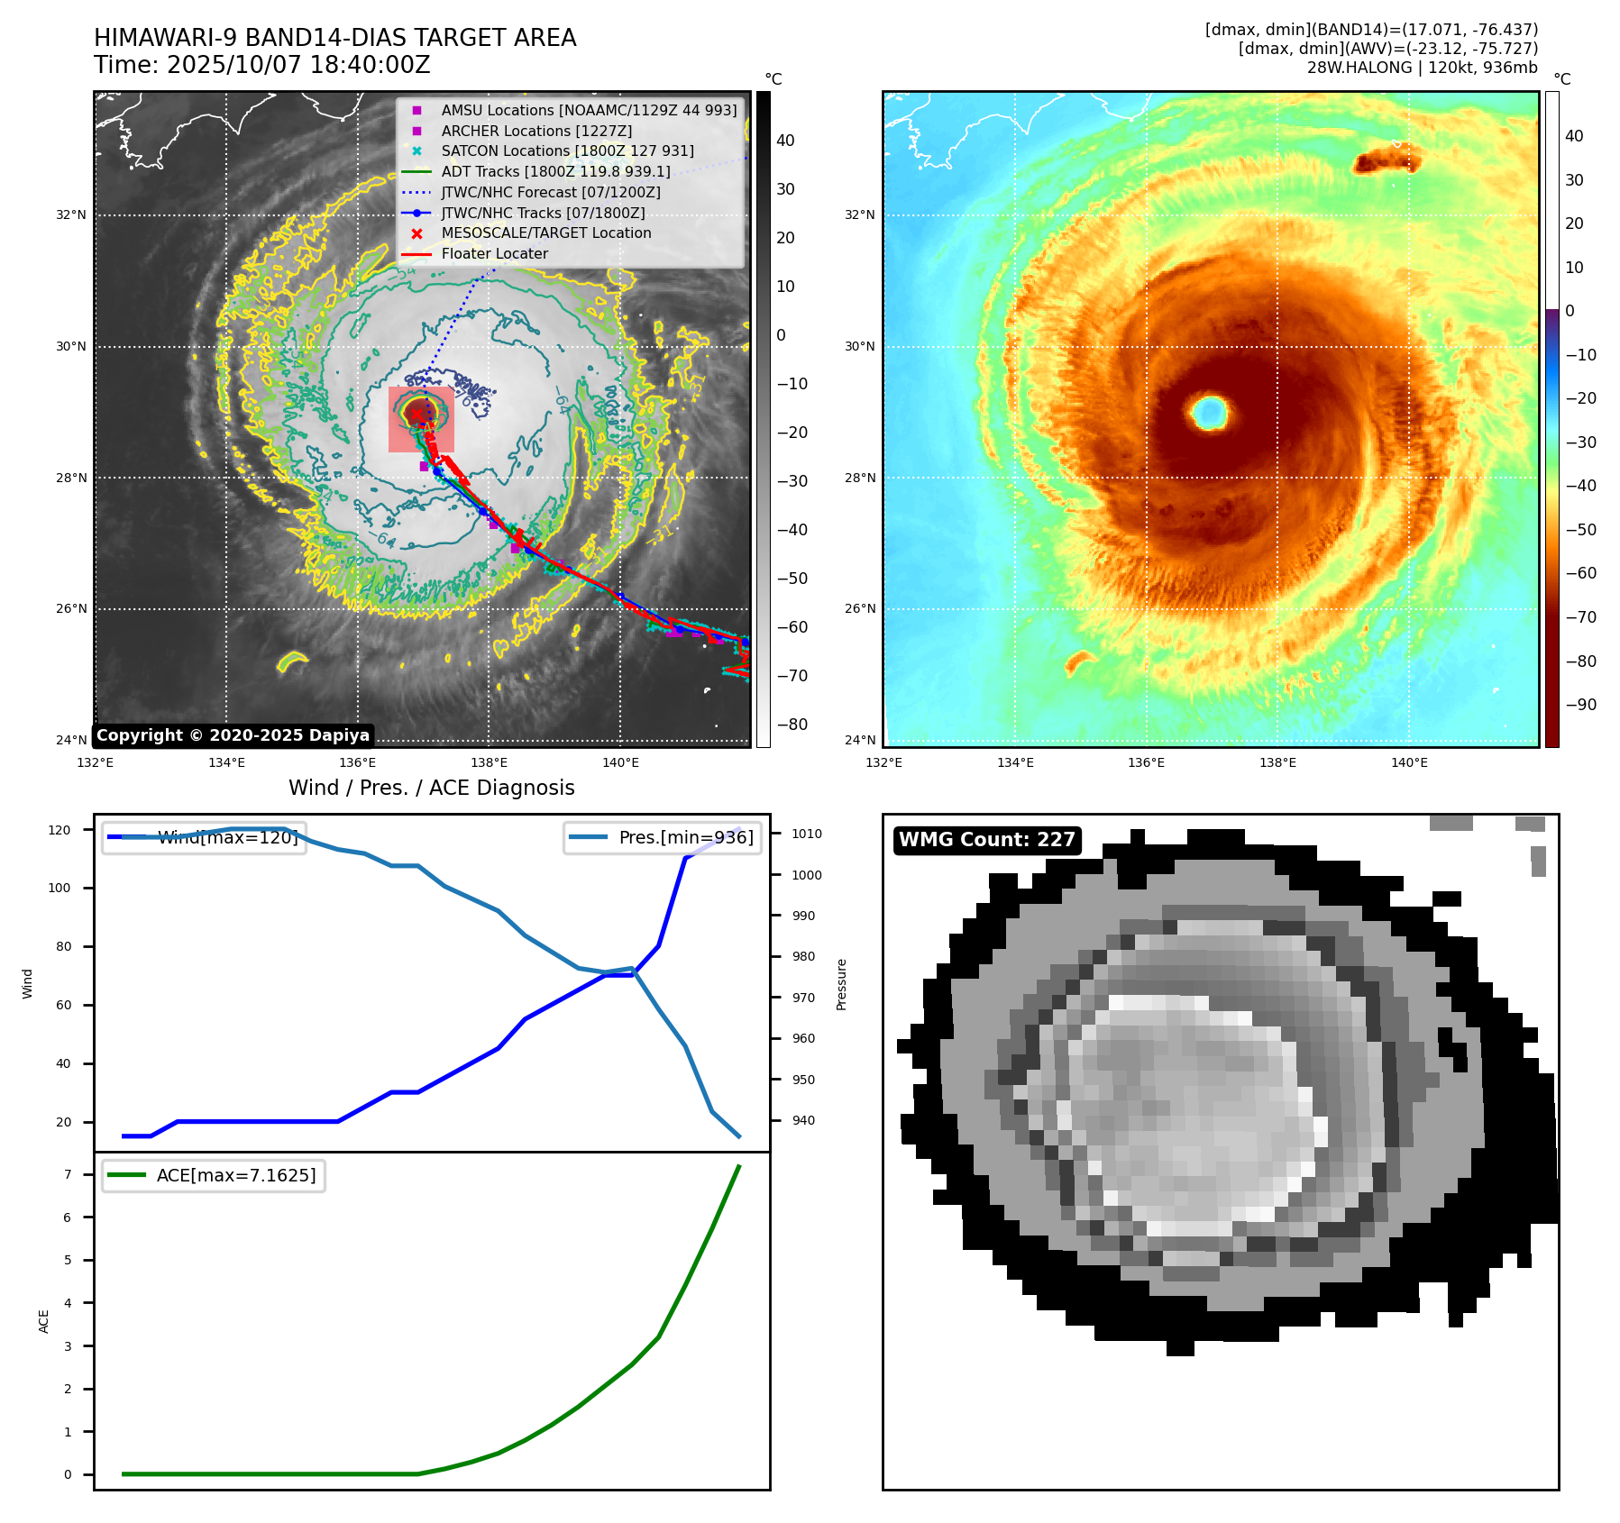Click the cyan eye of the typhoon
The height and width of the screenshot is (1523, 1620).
tap(1209, 412)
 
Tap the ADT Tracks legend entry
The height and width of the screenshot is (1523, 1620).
tap(555, 171)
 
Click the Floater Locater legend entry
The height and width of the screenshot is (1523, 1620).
tap(494, 254)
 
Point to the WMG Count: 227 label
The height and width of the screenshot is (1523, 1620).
tap(986, 840)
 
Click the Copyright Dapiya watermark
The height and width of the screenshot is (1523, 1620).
tap(233, 735)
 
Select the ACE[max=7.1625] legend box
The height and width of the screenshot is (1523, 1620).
tap(214, 1175)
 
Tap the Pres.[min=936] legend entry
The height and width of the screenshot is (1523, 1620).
tap(662, 837)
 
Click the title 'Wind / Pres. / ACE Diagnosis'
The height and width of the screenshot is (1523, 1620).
tap(431, 788)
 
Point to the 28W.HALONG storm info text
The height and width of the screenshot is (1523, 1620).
tap(1422, 68)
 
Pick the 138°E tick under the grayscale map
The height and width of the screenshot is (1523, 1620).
tap(489, 763)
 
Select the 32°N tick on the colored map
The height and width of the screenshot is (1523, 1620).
tap(859, 215)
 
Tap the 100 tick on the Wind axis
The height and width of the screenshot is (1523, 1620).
tap(59, 888)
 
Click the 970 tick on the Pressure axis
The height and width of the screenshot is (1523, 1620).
tap(803, 998)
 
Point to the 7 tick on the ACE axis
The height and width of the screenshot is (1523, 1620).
tap(67, 1174)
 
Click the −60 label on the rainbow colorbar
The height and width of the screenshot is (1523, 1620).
tap(1580, 573)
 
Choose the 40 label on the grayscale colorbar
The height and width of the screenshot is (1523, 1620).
tap(785, 141)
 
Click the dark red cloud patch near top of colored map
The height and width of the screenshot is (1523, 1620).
tap(1386, 161)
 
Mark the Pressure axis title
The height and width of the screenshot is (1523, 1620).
tap(841, 984)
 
